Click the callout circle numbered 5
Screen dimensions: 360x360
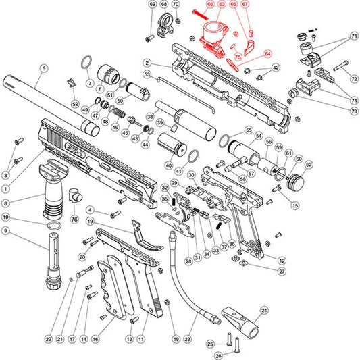pyautogui.click(x=44, y=68)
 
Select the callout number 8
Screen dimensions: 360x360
pyautogui.click(x=6, y=202)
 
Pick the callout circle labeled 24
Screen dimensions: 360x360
pyautogui.click(x=264, y=311)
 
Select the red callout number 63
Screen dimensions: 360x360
pyautogui.click(x=221, y=5)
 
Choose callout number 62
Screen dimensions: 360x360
pyautogui.click(x=309, y=164)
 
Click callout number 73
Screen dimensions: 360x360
pyautogui.click(x=355, y=111)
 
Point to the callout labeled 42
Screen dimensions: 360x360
pyautogui.click(x=275, y=68)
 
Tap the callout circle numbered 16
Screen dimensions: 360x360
pyautogui.click(x=97, y=339)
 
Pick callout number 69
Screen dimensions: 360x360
pyautogui.click(x=152, y=5)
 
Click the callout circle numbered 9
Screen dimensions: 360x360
pyautogui.click(x=6, y=231)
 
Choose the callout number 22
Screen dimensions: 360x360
pyautogui.click(x=48, y=339)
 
